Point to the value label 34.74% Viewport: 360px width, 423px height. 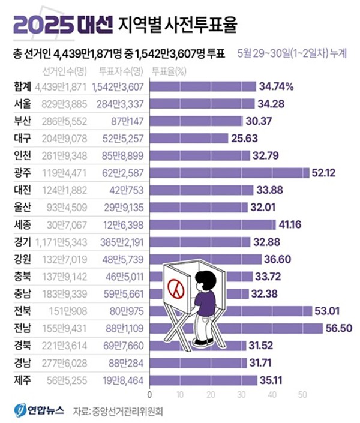[x=277, y=86]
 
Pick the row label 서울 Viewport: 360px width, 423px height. [x=22, y=104]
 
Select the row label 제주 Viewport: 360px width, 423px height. [x=22, y=379]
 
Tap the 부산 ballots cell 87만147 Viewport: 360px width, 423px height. [x=124, y=121]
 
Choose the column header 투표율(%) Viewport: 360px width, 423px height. [x=170, y=71]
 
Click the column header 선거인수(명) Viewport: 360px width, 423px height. [x=63, y=71]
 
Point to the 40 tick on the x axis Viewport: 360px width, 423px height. [x=273, y=395]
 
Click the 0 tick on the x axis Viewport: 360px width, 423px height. [x=149, y=395]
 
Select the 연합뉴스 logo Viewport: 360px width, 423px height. [x=37, y=411]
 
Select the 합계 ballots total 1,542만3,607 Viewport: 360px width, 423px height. [x=118, y=86]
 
